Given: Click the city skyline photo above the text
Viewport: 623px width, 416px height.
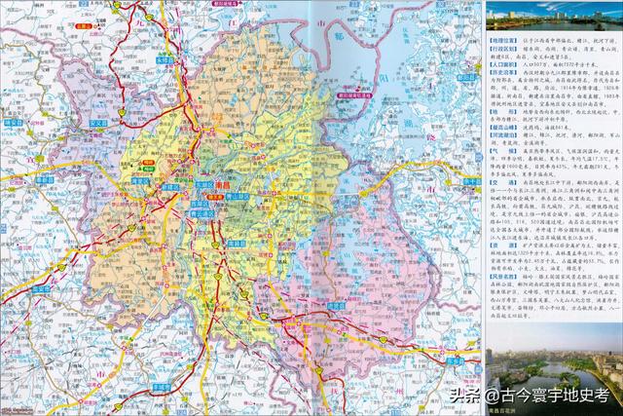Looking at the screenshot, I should click(552, 16).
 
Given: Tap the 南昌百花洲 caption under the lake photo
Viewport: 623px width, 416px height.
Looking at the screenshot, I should click(507, 410).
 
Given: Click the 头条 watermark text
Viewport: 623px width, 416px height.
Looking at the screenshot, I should click(465, 397).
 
